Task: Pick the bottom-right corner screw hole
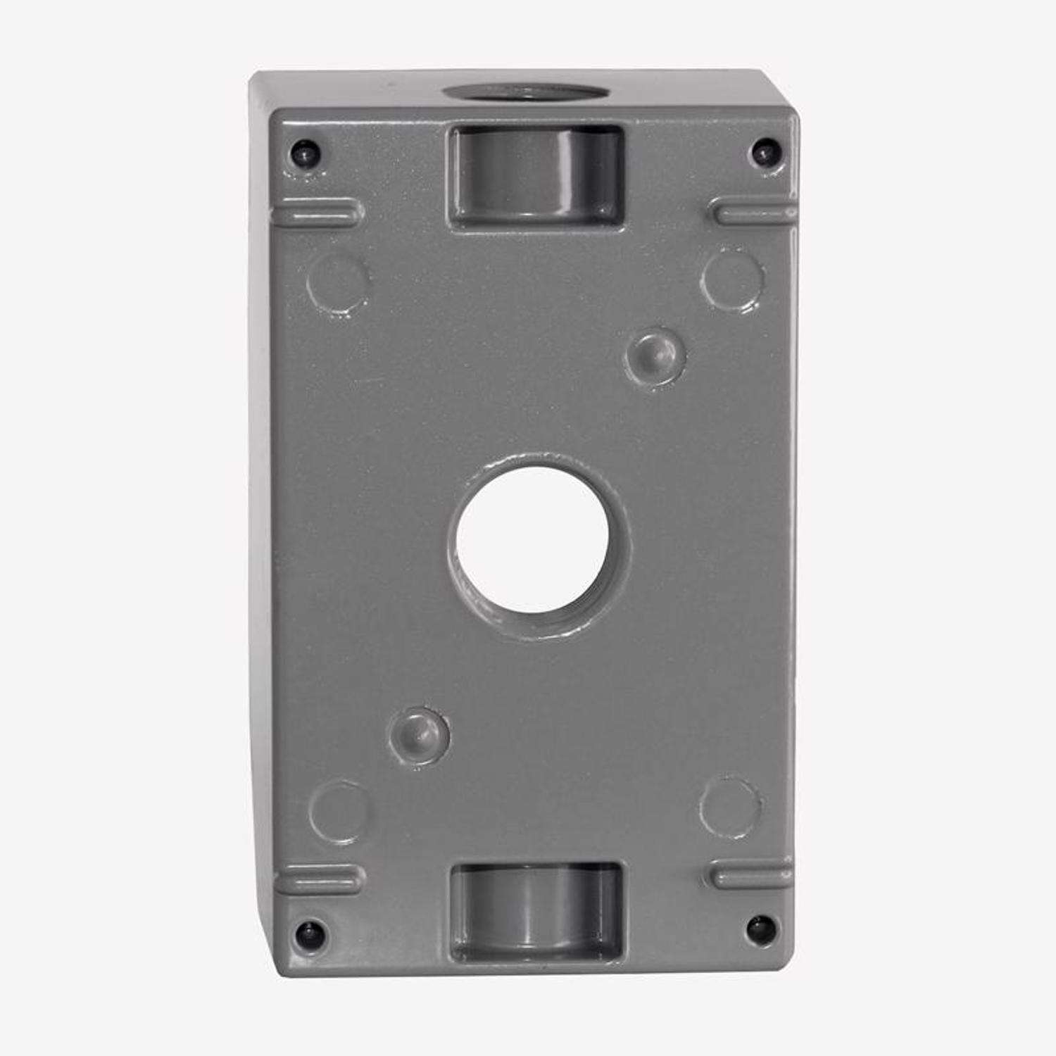(759, 929)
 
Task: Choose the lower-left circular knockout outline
(338, 811)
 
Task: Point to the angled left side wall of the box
(262, 493)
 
